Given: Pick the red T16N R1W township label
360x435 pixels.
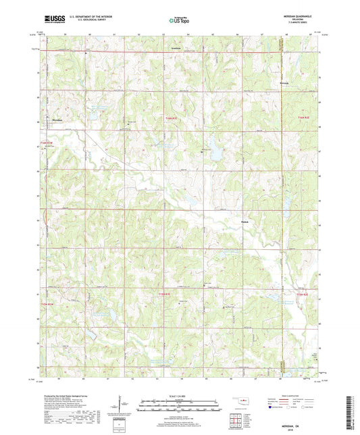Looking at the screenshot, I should click(x=46, y=143).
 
